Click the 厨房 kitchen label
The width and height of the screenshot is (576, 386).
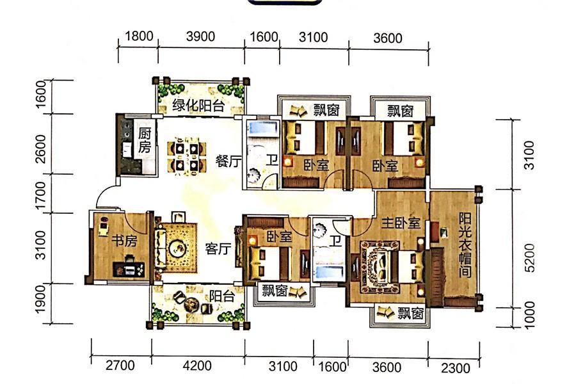145,140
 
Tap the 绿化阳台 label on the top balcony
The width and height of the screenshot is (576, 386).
198,106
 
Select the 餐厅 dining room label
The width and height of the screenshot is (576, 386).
228,161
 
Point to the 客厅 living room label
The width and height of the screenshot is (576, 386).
218,248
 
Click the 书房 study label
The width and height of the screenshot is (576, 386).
124,241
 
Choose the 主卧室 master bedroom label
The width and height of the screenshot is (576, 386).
401,223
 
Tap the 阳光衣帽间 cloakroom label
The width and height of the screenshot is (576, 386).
465,245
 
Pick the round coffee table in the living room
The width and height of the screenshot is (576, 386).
178,248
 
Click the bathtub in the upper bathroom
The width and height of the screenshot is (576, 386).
262,128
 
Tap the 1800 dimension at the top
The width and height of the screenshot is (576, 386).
139,36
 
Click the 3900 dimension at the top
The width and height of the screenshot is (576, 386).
200,36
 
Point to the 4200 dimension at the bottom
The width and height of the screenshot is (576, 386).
197,366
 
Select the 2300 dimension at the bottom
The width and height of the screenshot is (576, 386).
456,367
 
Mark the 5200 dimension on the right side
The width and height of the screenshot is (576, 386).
529,257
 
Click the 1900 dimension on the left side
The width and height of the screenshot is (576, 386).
40,299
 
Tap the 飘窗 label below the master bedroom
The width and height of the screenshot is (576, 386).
411,313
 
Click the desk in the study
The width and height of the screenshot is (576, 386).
129,269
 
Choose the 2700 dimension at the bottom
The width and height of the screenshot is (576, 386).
120,366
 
